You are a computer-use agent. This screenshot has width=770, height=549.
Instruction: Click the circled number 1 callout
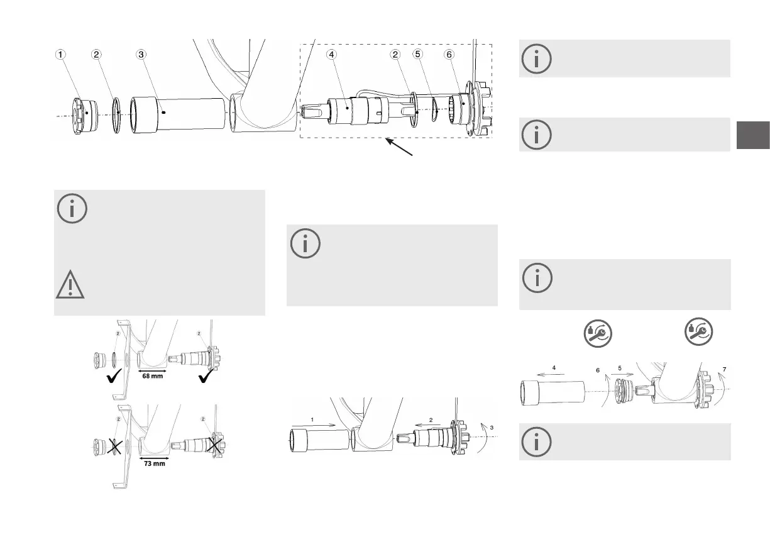(60, 55)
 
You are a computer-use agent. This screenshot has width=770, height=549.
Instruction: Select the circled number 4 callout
(331, 55)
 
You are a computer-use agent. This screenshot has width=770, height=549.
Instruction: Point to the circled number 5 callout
(418, 55)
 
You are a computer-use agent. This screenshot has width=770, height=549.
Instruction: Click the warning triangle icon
(72, 286)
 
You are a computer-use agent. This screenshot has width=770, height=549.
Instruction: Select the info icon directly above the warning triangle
(72, 209)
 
